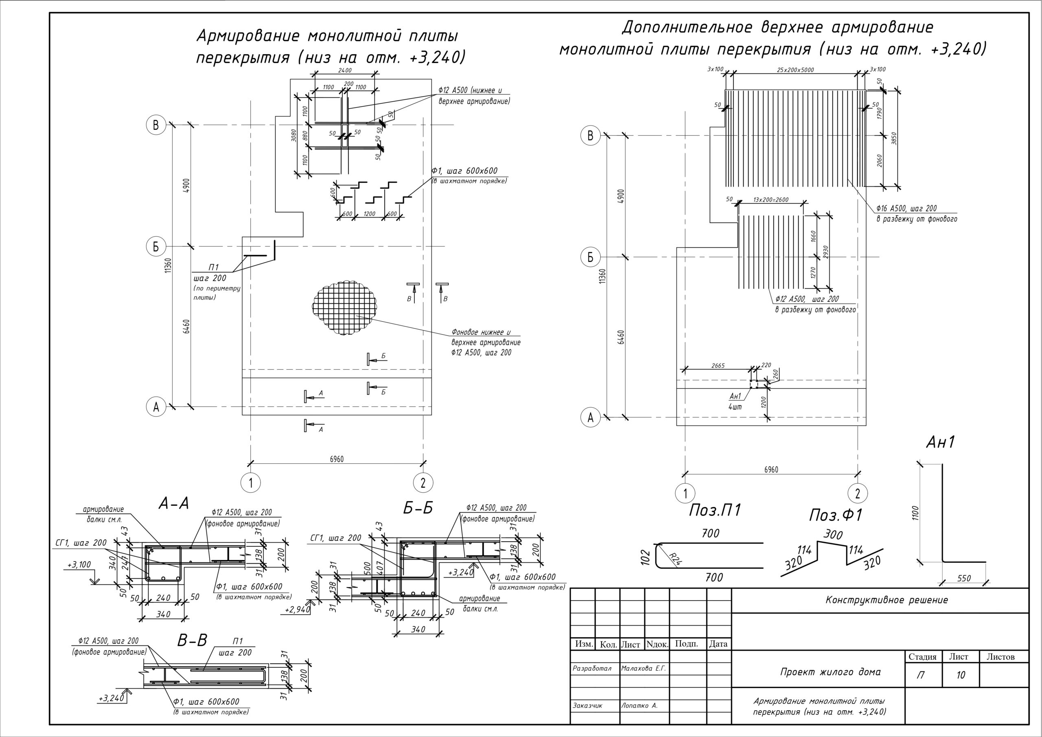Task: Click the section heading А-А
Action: pos(174,504)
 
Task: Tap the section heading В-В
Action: pos(192,640)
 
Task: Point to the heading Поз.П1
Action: pos(715,511)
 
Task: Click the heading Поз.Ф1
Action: pos(836,515)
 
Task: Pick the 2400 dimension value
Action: pos(345,70)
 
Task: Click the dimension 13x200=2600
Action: pos(771,200)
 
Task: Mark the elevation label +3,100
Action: pos(79,565)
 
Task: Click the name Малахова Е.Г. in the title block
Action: pos(644,669)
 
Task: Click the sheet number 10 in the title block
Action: pos(960,675)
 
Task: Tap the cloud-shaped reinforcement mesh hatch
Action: pos(344,307)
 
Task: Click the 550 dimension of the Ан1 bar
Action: pos(963,578)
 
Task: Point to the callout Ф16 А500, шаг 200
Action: pos(906,208)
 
